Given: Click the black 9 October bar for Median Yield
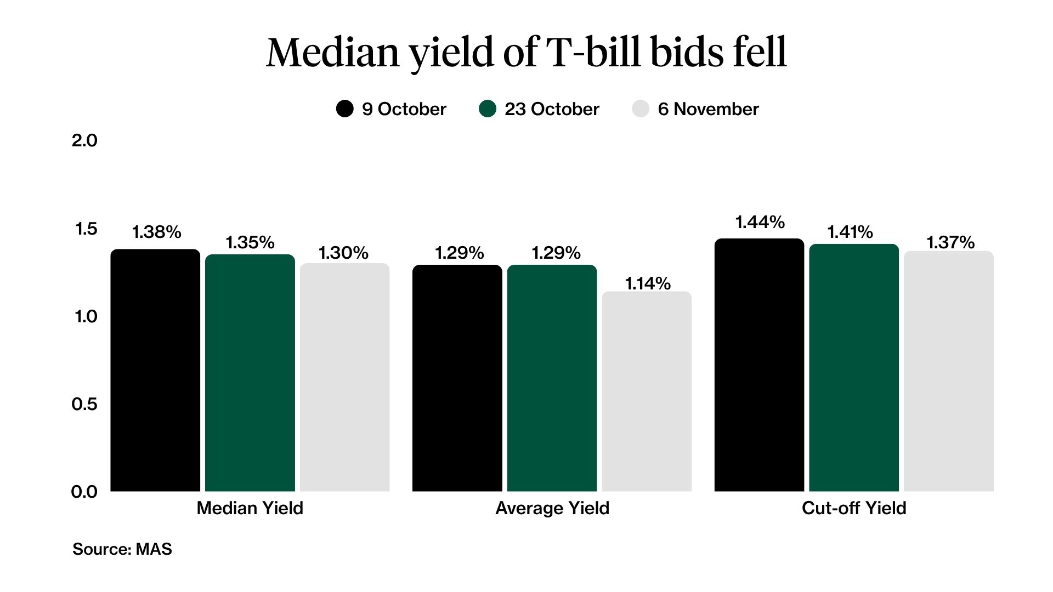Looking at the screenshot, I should coord(155,371).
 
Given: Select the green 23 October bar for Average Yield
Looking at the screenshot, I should coord(552,378).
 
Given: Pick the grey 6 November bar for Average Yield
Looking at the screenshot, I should coord(647,391).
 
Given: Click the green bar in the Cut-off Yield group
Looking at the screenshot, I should coord(854,368).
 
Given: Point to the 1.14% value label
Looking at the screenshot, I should coord(648,283).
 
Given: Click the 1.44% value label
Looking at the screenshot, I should coord(760,222).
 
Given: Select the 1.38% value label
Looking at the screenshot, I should coord(157,232).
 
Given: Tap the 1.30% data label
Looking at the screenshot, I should coord(343,253).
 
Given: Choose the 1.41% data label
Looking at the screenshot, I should coord(850,232).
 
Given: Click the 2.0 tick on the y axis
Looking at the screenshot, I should coord(84,141).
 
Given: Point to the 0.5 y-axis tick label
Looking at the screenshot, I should coord(84,405).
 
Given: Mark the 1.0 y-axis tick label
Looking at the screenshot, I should coord(86,317).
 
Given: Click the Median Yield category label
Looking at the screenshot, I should coord(250,508).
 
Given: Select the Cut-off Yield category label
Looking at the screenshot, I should coord(853,508).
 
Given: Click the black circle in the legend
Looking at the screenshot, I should coord(344,109).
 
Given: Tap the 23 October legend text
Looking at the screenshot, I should coord(552,109).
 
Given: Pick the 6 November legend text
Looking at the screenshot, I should coord(708,109).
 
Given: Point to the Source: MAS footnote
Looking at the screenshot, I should coord(122,549).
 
